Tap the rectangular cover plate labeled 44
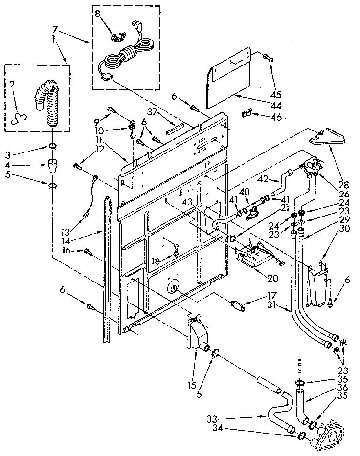click(230, 78)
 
